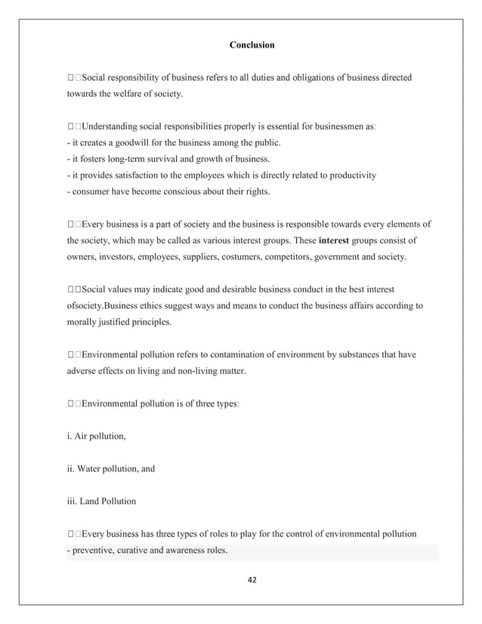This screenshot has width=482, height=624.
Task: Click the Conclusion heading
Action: [252, 45]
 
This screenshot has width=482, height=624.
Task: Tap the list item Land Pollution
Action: [101, 501]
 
